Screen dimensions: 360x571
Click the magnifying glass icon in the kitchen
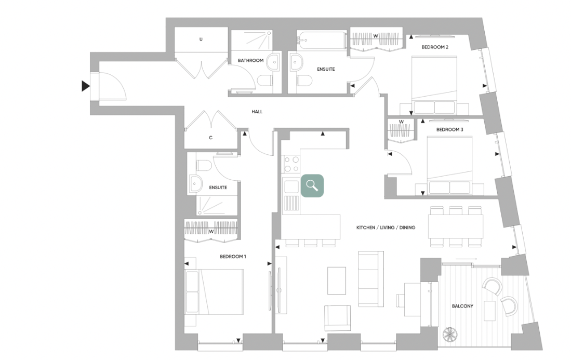click(312, 185)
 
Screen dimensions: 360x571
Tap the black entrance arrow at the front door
click(86, 86)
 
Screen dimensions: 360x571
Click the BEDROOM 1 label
click(233, 256)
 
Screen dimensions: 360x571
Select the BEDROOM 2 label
click(434, 47)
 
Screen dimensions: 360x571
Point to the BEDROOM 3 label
click(449, 129)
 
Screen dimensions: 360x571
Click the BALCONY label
click(462, 306)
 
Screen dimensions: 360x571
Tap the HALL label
click(257, 112)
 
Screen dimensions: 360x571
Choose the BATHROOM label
click(251, 60)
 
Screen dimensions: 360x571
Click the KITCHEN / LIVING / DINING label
click(386, 228)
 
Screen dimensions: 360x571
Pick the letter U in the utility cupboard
click(201, 39)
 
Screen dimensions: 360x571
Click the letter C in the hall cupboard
click(210, 138)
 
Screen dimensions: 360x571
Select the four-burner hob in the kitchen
click(291, 164)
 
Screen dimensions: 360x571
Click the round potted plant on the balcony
click(448, 334)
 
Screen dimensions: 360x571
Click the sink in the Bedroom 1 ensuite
click(196, 183)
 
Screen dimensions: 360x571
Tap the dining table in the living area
click(456, 226)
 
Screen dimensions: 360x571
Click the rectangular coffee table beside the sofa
click(337, 281)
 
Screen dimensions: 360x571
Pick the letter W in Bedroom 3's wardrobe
click(401, 122)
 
